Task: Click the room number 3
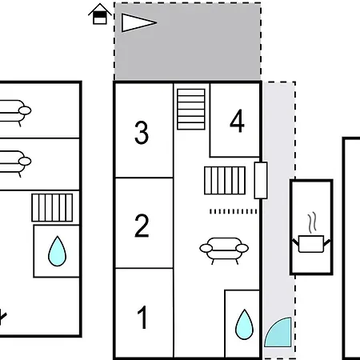[x=142, y=133]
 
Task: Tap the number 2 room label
[x=142, y=226]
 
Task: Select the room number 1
[x=142, y=318]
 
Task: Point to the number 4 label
[x=237, y=121]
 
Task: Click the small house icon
[x=100, y=14]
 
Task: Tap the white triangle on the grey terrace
[x=138, y=22]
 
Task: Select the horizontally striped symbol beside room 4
[x=191, y=110]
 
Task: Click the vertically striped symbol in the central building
[x=225, y=181]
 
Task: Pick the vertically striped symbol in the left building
[x=52, y=208]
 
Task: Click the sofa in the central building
[x=224, y=250]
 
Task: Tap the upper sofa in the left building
[x=14, y=112]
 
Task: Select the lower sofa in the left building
[x=14, y=163]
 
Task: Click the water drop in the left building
[x=57, y=251]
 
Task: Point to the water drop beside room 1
[x=244, y=325]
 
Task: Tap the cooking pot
[x=311, y=244]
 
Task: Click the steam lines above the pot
[x=312, y=222]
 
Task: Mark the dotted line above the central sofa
[x=234, y=211]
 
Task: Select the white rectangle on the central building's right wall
[x=261, y=180]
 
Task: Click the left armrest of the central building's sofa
[x=206, y=249]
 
